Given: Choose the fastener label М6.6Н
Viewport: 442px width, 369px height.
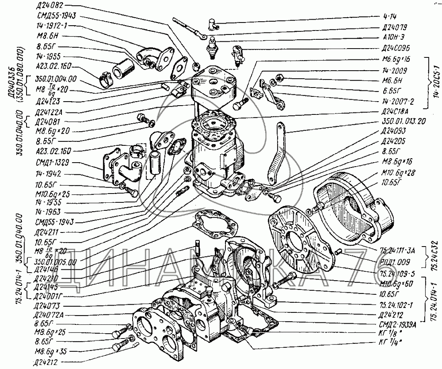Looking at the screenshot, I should coord(395,80).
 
